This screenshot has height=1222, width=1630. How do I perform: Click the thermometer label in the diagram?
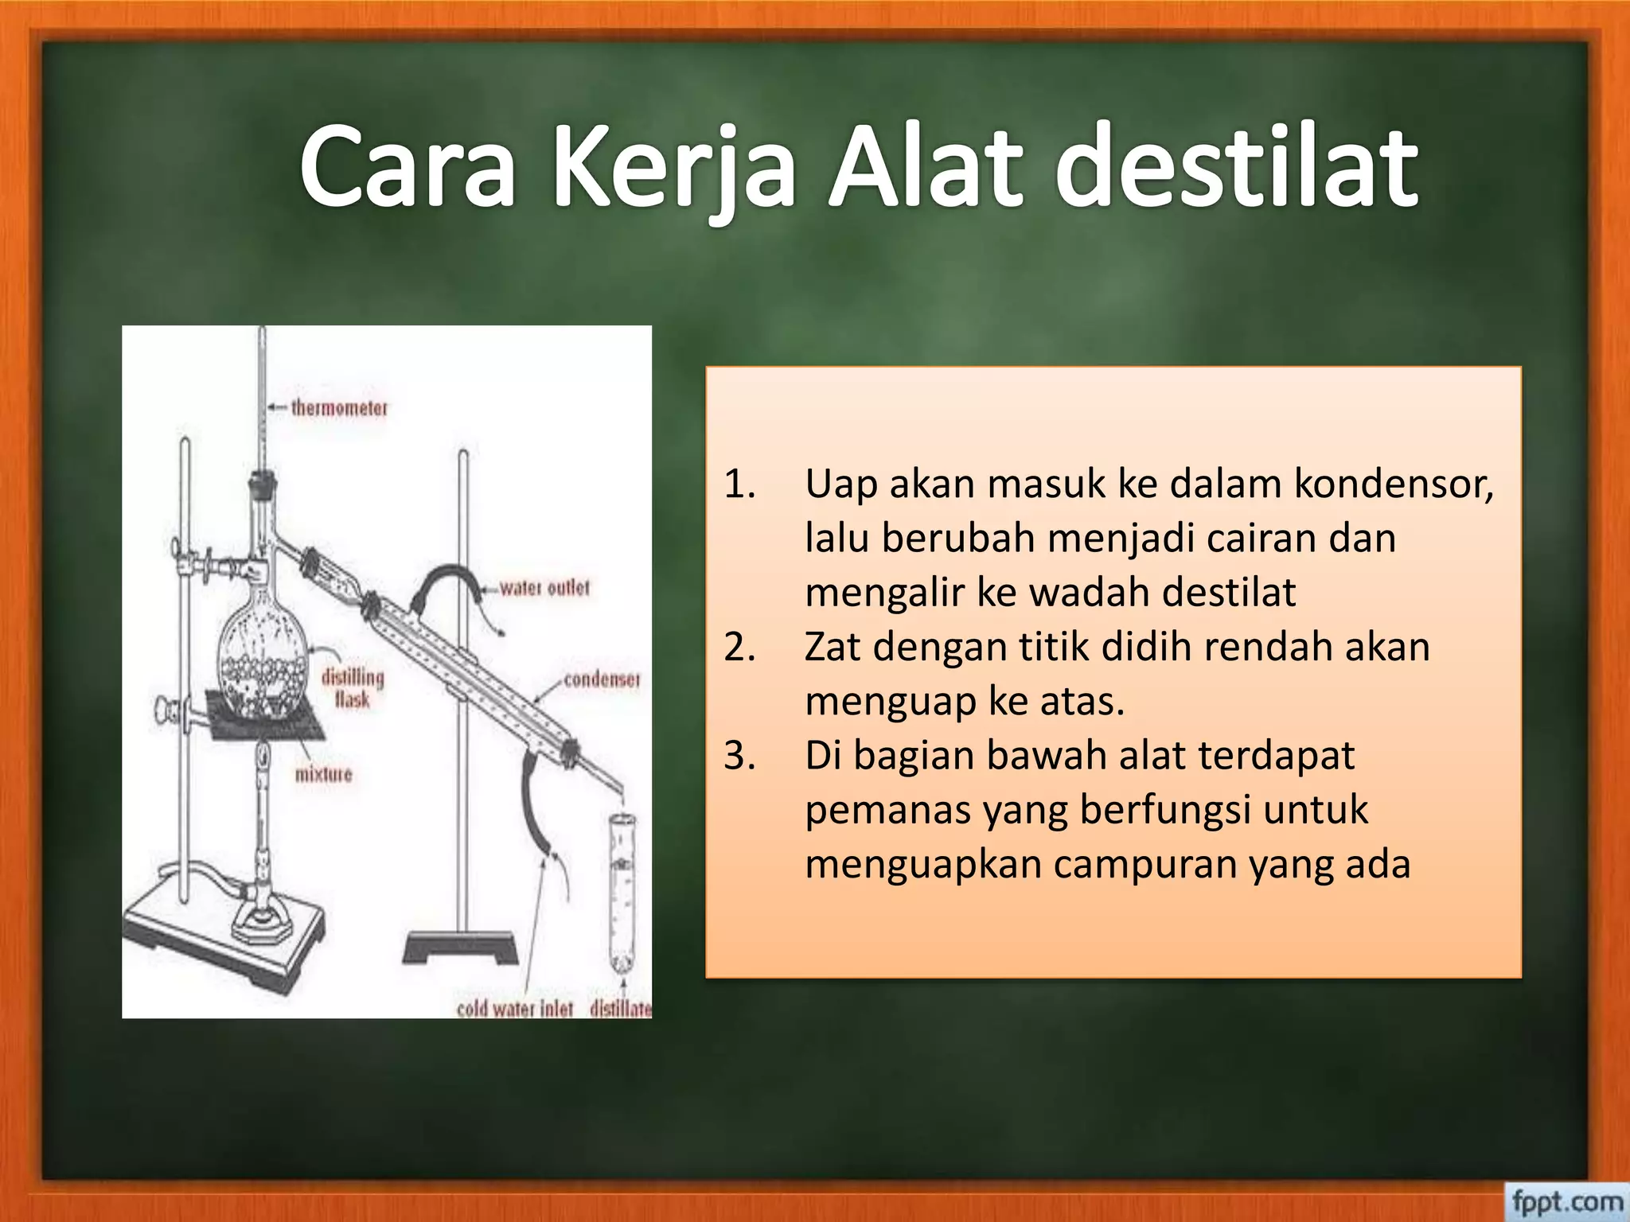pos(339,408)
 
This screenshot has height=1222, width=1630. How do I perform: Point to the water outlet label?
pos(545,588)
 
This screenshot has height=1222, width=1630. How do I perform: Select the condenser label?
pos(602,679)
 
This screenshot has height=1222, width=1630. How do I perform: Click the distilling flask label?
pos(353,688)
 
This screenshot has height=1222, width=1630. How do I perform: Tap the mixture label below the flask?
pos(323,774)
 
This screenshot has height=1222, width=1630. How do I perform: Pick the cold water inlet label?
pos(515,1009)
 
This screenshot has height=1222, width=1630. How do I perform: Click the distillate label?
pos(621,1009)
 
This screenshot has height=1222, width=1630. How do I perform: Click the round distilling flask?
pos(263,660)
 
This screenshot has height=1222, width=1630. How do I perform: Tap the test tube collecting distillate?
pos(622,891)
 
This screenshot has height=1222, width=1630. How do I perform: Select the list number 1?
pos(739,484)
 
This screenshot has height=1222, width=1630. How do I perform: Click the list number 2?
pos(739,647)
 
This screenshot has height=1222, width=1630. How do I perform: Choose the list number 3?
pos(739,755)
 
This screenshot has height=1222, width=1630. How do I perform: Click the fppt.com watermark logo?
pos(1566,1201)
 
